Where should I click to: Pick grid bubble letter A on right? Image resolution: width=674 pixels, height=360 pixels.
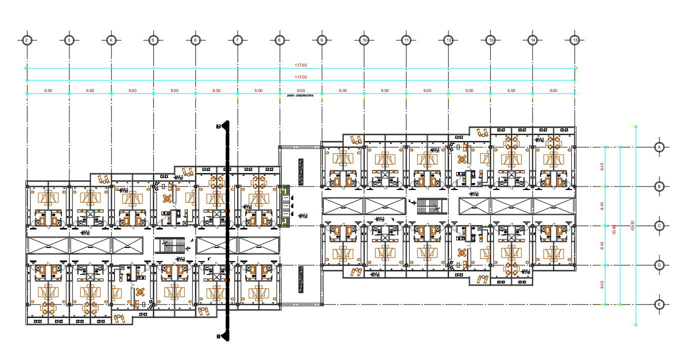click(660, 147)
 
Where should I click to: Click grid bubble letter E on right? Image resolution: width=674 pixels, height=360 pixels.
click(660, 304)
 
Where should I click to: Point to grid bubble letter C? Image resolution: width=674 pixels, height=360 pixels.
click(660, 226)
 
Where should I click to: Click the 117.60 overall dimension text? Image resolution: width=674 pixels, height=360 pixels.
click(300, 65)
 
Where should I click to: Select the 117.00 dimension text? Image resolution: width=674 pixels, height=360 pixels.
click(300, 77)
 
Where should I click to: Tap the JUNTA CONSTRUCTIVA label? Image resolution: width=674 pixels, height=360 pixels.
click(300, 95)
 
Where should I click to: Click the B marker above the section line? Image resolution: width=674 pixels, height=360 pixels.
click(218, 126)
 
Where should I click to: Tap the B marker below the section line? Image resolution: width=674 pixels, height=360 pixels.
click(218, 336)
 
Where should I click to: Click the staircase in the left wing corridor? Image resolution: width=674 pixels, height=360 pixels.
click(170, 245)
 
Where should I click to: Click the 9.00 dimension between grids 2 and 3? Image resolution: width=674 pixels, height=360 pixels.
click(48, 90)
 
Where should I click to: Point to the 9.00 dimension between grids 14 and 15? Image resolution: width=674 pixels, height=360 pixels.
click(553, 90)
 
